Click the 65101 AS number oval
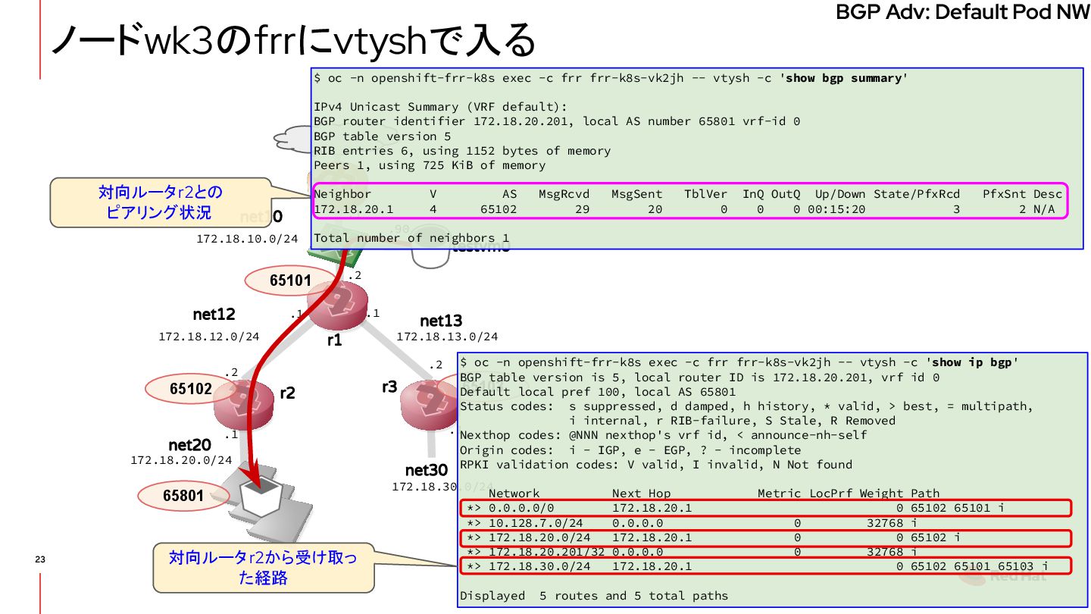[x=290, y=280]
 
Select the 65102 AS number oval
[x=191, y=389]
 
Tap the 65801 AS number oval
[x=183, y=497]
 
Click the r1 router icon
[x=338, y=303]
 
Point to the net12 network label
[x=214, y=314]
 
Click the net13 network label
[x=441, y=321]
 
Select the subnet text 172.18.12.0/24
[x=209, y=336]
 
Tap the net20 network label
[x=189, y=444]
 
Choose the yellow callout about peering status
[x=160, y=202]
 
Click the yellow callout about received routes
[x=263, y=568]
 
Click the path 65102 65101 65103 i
[x=979, y=566]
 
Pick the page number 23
[x=40, y=559]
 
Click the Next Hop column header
[x=641, y=493]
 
